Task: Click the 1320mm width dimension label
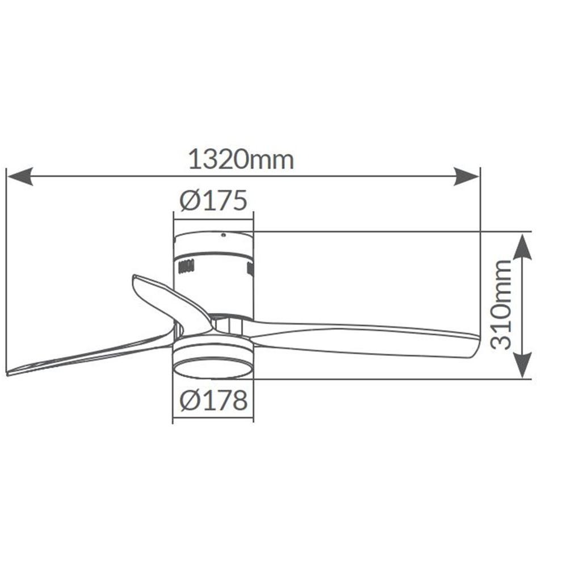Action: [x=241, y=160]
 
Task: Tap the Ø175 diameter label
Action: [x=213, y=200]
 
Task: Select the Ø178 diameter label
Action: [x=213, y=401]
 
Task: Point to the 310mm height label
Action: [x=502, y=305]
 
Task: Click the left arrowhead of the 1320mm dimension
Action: [x=20, y=177]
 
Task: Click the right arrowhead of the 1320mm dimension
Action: [x=467, y=177]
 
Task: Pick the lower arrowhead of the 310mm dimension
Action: [x=522, y=365]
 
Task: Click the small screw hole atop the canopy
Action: [x=224, y=235]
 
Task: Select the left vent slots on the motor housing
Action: [x=186, y=267]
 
